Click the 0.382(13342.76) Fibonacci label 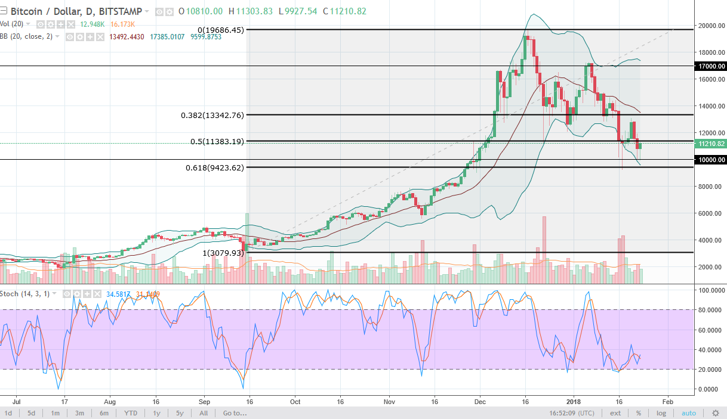[212, 115]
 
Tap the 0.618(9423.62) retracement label [215, 168]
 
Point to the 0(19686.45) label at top [221, 30]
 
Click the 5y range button [180, 413]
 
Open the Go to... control [235, 413]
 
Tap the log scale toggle [661, 413]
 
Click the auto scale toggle [689, 413]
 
